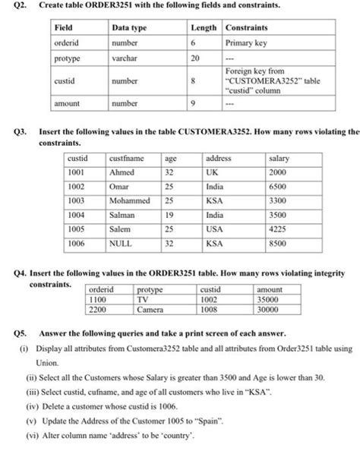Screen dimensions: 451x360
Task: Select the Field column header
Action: point(63,27)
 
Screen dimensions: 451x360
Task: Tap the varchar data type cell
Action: point(123,58)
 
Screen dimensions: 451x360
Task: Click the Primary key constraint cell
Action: point(245,43)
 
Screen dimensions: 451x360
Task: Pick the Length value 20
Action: point(194,58)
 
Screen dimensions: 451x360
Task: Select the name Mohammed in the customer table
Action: point(129,202)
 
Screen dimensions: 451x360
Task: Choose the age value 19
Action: point(170,216)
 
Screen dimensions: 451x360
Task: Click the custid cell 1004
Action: point(76,216)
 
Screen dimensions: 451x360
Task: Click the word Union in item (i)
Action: point(47,364)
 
